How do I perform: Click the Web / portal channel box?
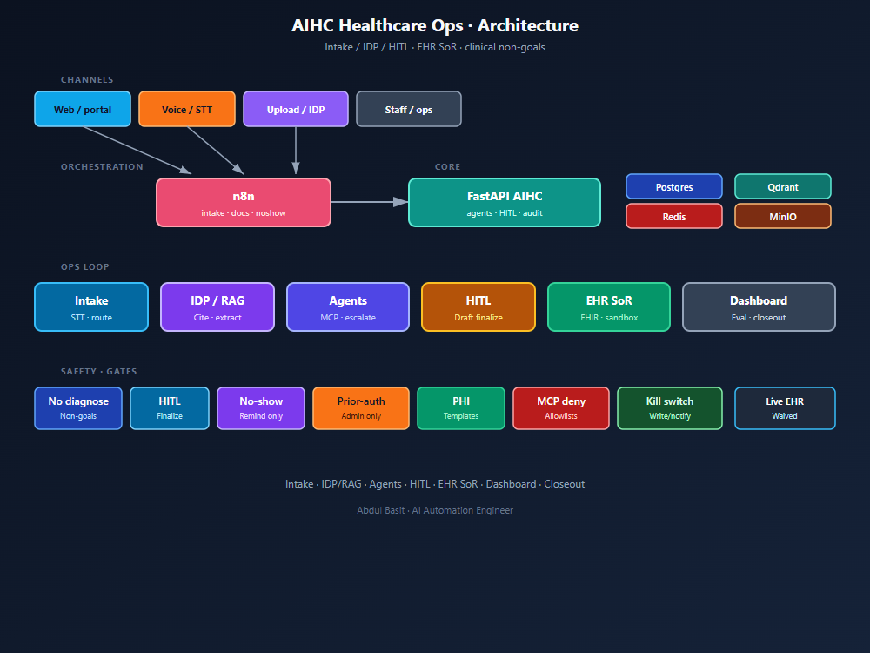(x=83, y=109)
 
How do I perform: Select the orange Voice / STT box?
(x=187, y=109)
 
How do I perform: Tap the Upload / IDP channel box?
(x=296, y=109)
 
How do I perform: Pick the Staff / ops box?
(x=408, y=109)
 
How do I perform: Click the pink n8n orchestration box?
(x=244, y=203)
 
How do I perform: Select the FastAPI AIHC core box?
(x=505, y=203)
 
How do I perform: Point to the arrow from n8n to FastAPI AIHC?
(x=370, y=202)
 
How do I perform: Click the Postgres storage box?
(x=674, y=186)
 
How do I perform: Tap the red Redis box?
(x=674, y=216)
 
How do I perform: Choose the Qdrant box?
(x=783, y=186)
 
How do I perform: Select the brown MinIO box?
(x=783, y=216)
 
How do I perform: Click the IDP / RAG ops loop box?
(x=217, y=307)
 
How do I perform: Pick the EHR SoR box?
(x=609, y=307)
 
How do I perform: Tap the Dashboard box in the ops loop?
(x=759, y=307)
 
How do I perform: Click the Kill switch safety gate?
(x=670, y=408)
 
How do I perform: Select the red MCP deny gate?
(x=561, y=408)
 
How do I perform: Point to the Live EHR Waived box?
(x=785, y=408)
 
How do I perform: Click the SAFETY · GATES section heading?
(x=99, y=372)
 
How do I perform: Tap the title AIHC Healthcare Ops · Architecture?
(x=435, y=25)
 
